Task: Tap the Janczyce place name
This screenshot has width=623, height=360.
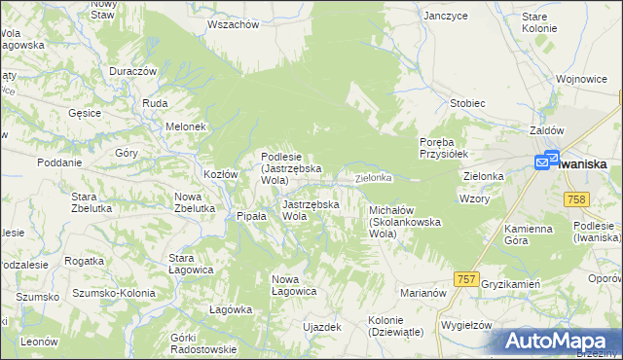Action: (446, 17)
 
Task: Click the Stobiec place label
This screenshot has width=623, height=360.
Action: (467, 102)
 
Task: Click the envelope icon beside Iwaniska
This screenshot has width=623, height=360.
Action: (545, 162)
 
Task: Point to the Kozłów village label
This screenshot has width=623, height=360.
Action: (220, 174)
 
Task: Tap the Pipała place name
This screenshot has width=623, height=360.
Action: (251, 217)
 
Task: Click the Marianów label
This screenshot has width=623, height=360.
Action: (422, 292)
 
